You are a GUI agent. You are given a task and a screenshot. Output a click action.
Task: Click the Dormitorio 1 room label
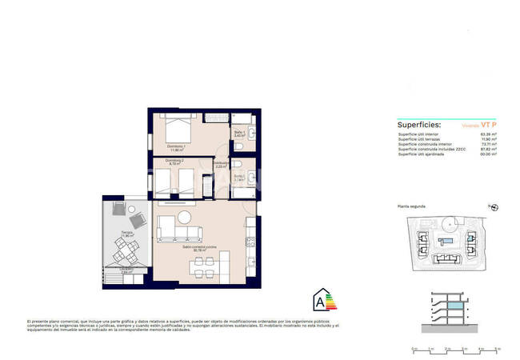coord(177,147)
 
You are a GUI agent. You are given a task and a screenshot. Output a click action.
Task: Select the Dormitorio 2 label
coord(176,162)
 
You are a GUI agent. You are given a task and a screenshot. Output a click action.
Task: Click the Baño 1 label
coord(239,134)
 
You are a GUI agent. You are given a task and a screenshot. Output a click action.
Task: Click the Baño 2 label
coord(239,178)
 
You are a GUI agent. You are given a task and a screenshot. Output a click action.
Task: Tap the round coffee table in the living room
coord(185,217)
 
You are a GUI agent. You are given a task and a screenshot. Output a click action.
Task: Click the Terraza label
coord(126,234)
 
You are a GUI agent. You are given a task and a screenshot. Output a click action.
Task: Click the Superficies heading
coord(418,126)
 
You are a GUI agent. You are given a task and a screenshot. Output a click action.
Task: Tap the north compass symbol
coord(494,207)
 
